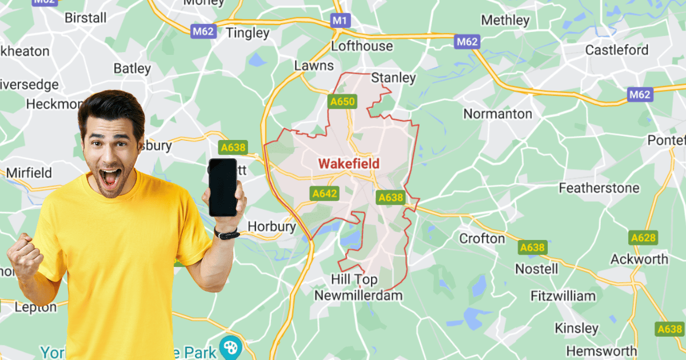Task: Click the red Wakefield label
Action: coord(348,164)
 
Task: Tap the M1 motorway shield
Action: coord(340,21)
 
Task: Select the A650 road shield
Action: coord(342,102)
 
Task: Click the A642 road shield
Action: coord(324,194)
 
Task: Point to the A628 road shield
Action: coord(643,238)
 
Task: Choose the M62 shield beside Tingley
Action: coord(204,31)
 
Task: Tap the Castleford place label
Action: coord(617,50)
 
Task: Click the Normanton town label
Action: coord(497,114)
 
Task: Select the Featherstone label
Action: coord(599,188)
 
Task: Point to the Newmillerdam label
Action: coord(358,295)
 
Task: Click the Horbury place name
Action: coord(272,227)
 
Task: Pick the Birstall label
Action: coord(86,18)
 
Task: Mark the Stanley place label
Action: coord(393,78)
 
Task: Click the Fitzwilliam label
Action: coord(563,296)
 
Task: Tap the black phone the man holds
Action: coord(222,187)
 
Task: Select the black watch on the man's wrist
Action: coord(227,234)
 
